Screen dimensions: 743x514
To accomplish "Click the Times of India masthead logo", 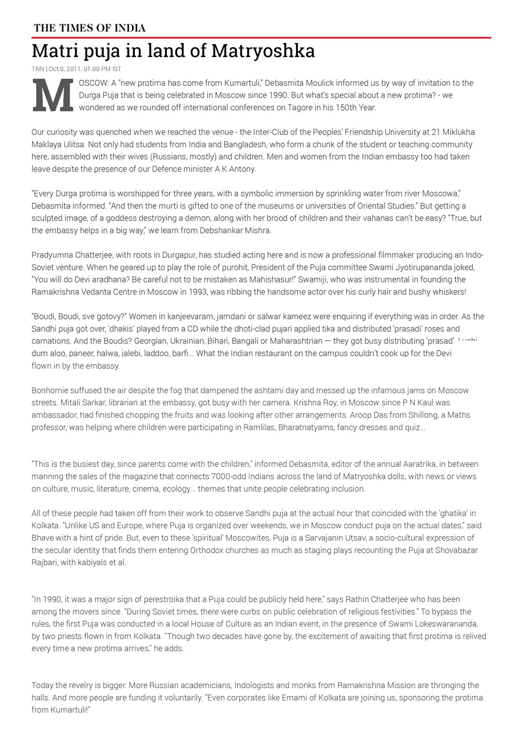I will point(90,28).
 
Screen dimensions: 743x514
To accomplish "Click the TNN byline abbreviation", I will point(38,69).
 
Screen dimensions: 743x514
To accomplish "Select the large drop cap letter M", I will point(53,95).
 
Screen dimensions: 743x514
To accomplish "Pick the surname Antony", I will point(242,169).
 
